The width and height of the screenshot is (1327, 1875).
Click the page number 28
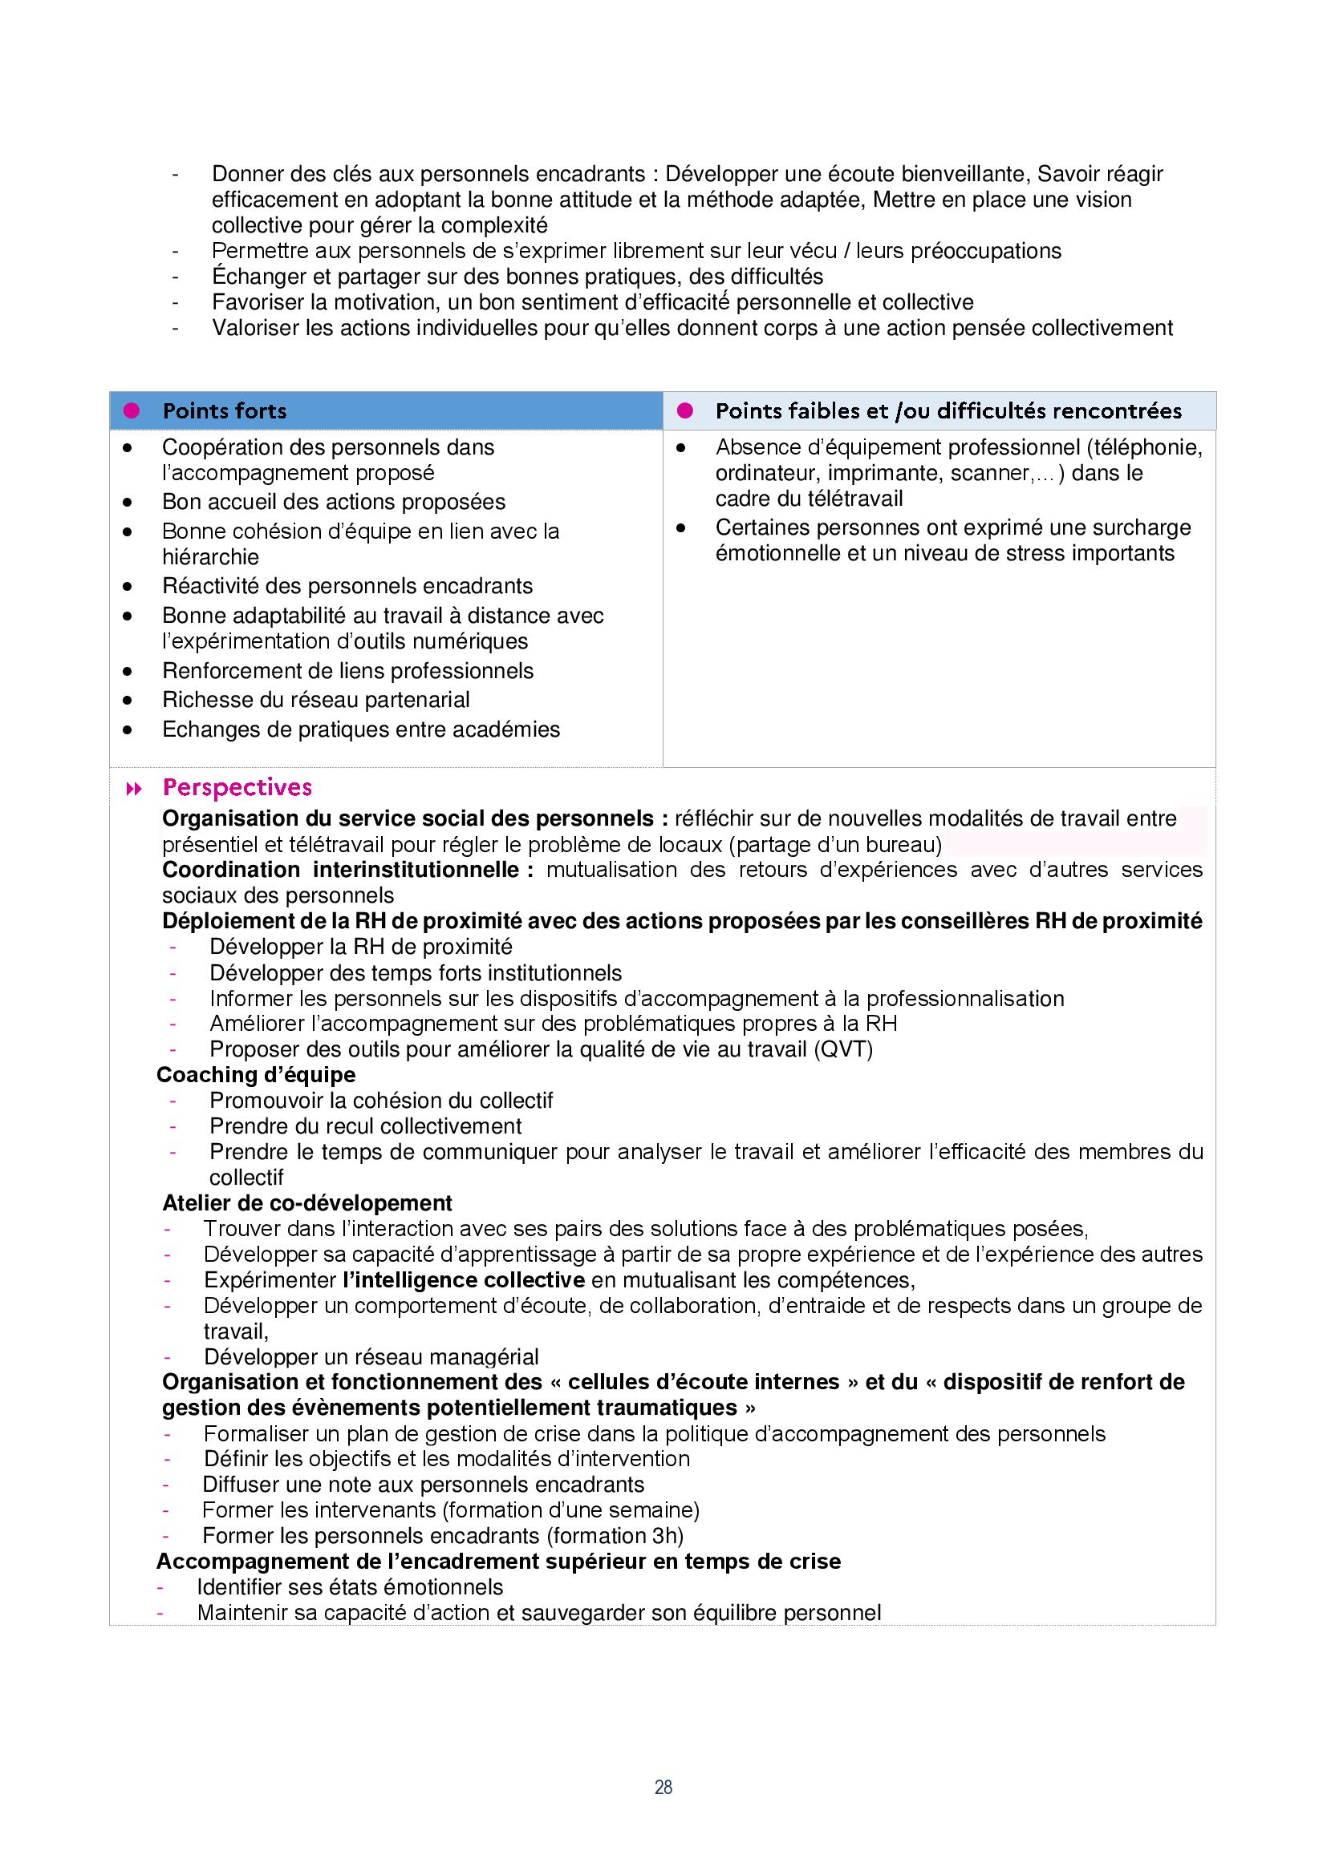(x=663, y=1787)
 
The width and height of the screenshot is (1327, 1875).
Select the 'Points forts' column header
(x=225, y=410)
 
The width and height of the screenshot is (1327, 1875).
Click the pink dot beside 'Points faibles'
(x=684, y=410)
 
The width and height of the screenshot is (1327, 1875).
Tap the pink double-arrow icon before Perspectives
(x=134, y=788)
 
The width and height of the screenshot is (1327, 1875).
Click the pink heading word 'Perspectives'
(x=237, y=787)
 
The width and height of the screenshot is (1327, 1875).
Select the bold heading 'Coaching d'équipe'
(x=256, y=1075)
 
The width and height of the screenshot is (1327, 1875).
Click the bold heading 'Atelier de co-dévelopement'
(x=306, y=1203)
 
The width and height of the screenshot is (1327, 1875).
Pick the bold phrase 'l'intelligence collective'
(x=463, y=1279)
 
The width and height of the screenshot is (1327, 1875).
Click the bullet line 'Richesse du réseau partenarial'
(x=315, y=700)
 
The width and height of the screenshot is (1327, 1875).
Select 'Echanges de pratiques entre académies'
(x=360, y=729)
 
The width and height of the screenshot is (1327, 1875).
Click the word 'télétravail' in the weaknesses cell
(x=855, y=498)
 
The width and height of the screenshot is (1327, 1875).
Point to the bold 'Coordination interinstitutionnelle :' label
(x=347, y=870)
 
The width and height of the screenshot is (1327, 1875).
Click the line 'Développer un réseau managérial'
(x=371, y=1357)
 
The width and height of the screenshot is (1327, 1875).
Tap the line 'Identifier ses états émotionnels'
(x=350, y=1587)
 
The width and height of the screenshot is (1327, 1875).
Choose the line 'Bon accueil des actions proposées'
(x=334, y=501)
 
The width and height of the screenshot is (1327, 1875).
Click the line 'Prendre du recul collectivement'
(x=365, y=1126)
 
